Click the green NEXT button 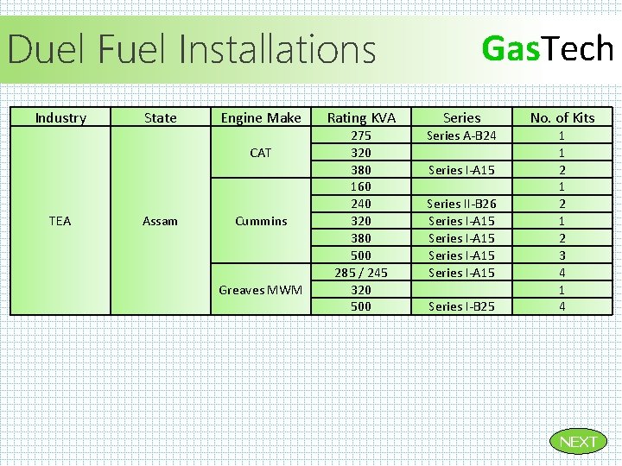coord(578,442)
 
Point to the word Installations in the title coord(278,49)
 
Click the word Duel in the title coord(48,49)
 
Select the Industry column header coord(60,117)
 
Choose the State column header coord(161,117)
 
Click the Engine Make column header coord(261,117)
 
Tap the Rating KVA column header coord(361,117)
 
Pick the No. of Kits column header coord(562,117)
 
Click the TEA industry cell coord(60,221)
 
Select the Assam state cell coord(161,221)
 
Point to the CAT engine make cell coord(261,153)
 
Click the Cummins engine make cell coord(261,221)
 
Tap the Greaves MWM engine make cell coord(261,290)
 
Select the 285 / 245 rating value coord(361,273)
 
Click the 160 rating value coord(361,186)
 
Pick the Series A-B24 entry coord(462,135)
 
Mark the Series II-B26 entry coord(462,204)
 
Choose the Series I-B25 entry coord(462,306)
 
